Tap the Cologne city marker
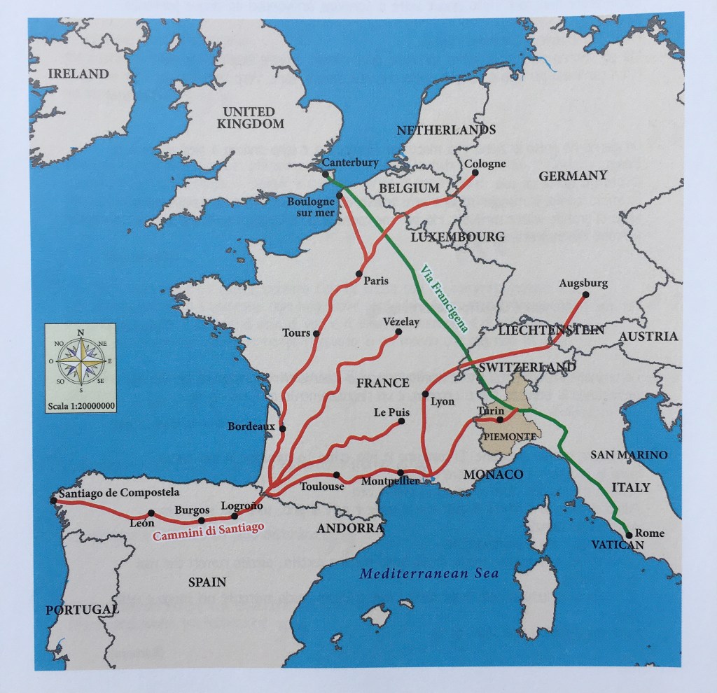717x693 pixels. click(x=475, y=173)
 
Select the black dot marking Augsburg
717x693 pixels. click(x=586, y=295)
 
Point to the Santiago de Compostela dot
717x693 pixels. click(x=54, y=500)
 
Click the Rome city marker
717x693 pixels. click(x=629, y=535)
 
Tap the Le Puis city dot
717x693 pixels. click(x=401, y=421)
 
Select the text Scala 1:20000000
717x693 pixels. click(x=81, y=405)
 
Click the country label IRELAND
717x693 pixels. click(x=78, y=73)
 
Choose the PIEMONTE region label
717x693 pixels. click(x=510, y=437)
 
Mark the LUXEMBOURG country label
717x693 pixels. click(x=457, y=237)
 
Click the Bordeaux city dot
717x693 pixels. click(x=282, y=428)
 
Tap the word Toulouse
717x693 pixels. click(x=322, y=486)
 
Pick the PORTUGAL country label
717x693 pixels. click(x=82, y=610)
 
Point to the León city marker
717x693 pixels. click(x=151, y=513)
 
